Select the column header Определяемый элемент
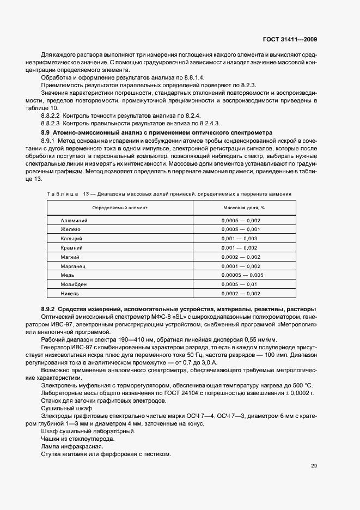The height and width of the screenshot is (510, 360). [120, 208]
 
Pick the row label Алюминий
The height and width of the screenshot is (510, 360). [75, 220]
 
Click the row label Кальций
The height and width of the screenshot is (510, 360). [72, 239]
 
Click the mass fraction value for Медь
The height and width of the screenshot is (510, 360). [242, 275]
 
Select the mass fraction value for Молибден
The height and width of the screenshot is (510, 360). [239, 284]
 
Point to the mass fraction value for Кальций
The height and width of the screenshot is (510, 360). [239, 239]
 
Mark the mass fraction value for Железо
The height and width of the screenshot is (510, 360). [241, 229]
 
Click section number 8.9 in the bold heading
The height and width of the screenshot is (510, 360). [46, 133]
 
